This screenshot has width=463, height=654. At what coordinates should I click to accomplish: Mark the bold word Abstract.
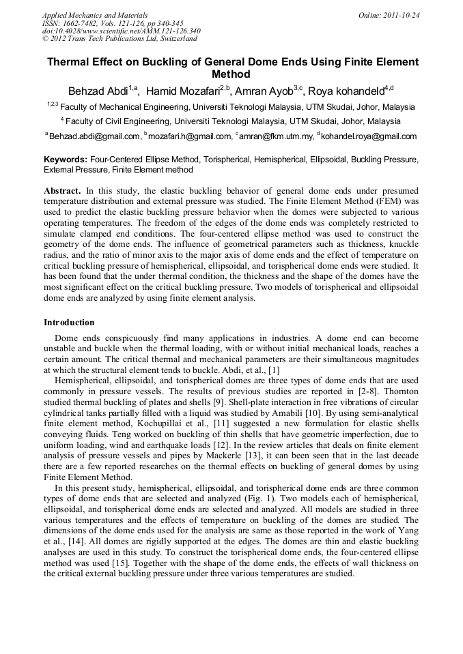click(x=62, y=190)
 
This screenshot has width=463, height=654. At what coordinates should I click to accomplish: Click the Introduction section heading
click(x=69, y=322)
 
